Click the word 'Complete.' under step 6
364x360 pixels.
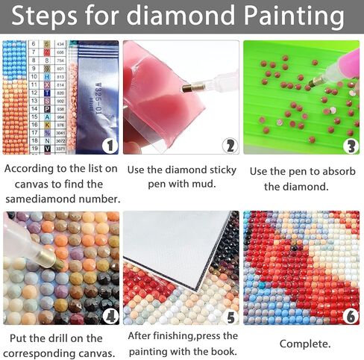[304, 344]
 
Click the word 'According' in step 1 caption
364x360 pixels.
[28, 168]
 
